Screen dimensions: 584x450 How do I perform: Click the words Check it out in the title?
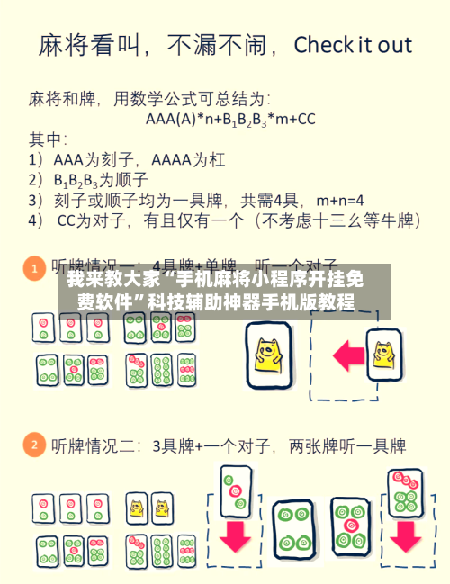point(353,45)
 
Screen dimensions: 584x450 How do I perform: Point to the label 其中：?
point(48,139)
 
